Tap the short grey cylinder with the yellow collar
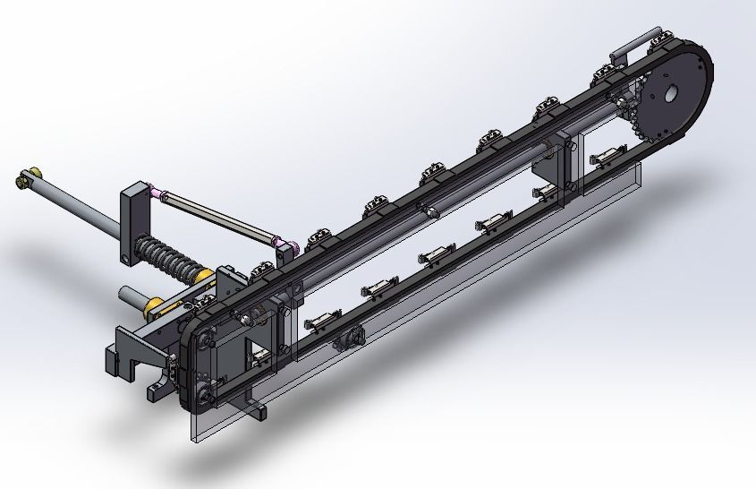point(134,296)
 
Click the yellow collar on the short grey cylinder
point(155,306)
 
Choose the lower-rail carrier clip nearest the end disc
point(607,154)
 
